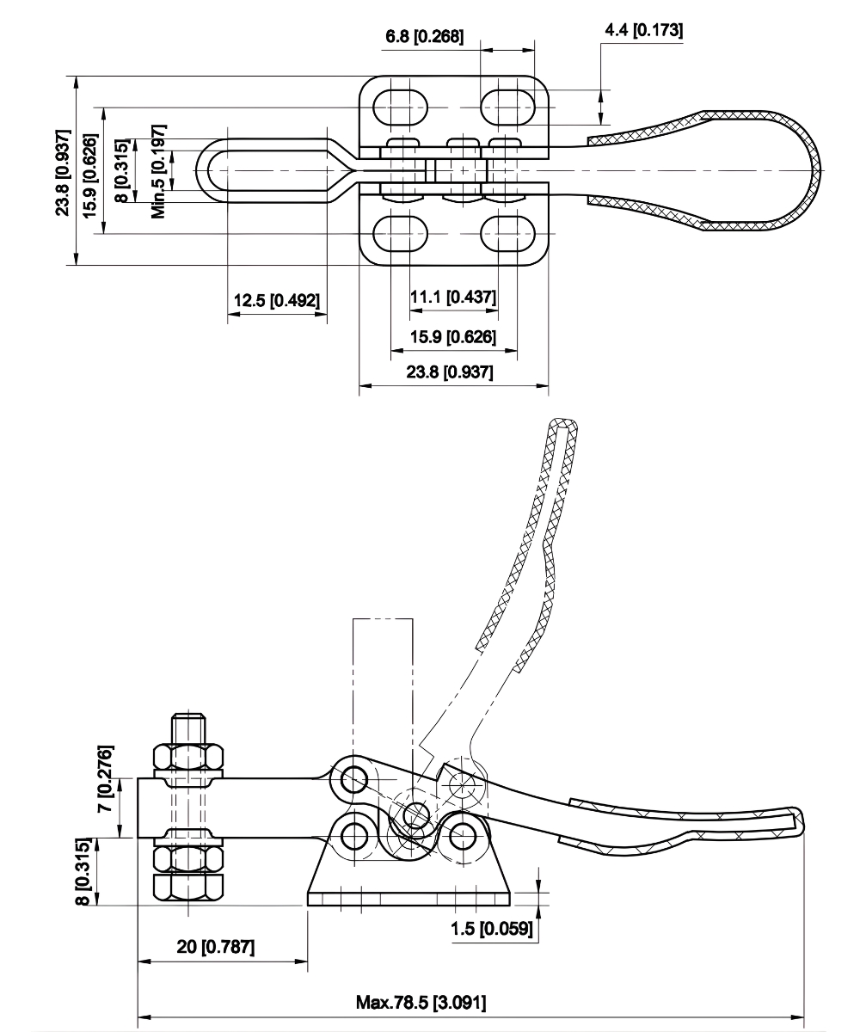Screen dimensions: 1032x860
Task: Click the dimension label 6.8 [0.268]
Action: pos(424,37)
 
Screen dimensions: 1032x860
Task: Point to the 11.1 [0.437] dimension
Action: pos(453,297)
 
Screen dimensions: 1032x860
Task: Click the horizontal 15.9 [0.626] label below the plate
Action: pos(452,336)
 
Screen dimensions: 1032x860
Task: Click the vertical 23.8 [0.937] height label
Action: pos(63,170)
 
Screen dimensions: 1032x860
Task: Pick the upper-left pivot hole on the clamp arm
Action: pos(353,780)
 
